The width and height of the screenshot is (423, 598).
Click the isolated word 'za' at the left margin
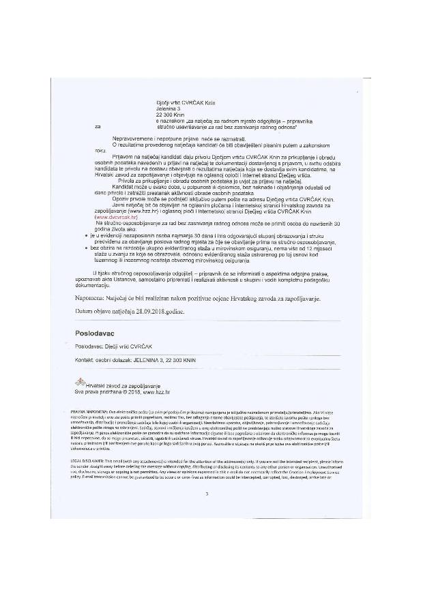point(98,126)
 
